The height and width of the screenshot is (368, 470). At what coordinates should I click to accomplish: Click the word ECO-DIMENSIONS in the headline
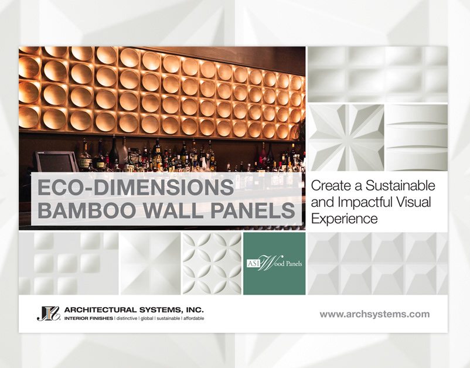pyautogui.click(x=135, y=188)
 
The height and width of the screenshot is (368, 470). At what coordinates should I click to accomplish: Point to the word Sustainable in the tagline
pyautogui.click(x=400, y=186)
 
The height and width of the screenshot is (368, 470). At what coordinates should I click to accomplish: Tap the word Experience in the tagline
pyautogui.click(x=344, y=219)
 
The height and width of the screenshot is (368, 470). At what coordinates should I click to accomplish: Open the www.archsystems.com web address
pyautogui.click(x=374, y=314)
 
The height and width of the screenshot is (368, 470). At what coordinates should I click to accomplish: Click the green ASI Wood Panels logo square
pyautogui.click(x=274, y=264)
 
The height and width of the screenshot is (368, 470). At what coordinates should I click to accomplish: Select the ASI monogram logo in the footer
pyautogui.click(x=49, y=314)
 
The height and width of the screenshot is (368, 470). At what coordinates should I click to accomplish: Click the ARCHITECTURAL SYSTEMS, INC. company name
pyautogui.click(x=134, y=309)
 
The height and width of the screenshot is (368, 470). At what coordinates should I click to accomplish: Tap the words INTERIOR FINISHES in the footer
pyautogui.click(x=88, y=318)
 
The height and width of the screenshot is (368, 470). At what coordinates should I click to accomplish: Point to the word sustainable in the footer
pyautogui.click(x=168, y=318)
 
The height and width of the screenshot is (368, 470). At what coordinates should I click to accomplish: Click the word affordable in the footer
pyautogui.click(x=193, y=318)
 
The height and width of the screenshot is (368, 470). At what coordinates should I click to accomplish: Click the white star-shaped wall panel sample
pyautogui.click(x=346, y=138)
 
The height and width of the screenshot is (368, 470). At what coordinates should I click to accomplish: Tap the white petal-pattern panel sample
pyautogui.click(x=212, y=264)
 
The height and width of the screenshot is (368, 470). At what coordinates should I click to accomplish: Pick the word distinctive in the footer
pyautogui.click(x=127, y=318)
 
